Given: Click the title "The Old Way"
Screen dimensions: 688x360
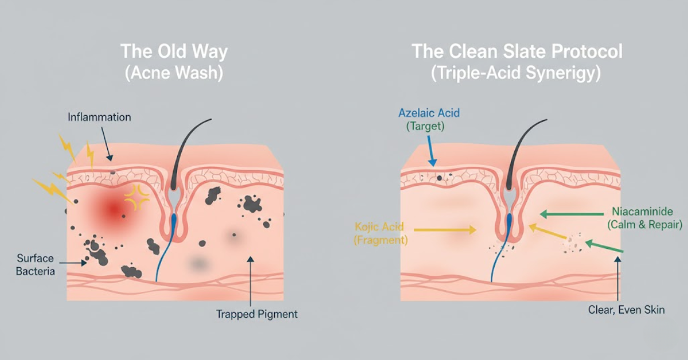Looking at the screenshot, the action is coord(174,51).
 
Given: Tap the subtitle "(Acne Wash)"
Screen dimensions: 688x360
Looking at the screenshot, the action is coord(174,73).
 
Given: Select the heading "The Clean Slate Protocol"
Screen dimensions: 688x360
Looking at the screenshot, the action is coord(517,51).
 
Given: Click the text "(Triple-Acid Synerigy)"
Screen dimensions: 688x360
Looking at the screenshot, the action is coord(515,73).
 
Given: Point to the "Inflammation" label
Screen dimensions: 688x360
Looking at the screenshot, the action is coord(99,117).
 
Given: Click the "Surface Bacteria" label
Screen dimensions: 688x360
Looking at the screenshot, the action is coord(36,265).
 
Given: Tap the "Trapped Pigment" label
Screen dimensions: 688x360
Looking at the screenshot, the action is coord(257,314).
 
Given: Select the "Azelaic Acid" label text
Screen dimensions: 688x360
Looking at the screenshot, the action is coord(429,113).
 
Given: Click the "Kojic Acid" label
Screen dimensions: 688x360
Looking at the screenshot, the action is coord(379,227).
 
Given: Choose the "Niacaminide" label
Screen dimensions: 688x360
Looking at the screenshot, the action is coord(643,212).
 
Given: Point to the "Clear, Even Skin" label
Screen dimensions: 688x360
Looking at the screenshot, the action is coord(626,310).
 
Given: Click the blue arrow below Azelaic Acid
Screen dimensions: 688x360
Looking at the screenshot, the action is coord(431,151).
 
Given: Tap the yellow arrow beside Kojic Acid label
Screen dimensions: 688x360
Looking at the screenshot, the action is coord(445,230).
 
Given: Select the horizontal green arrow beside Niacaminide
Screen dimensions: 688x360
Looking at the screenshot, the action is coord(572,214).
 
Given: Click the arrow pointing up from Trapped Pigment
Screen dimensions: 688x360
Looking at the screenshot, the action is coord(251,281).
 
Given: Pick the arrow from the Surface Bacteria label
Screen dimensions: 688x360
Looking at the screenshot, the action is coord(73,263).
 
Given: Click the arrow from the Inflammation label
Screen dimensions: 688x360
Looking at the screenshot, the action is coord(106,144).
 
